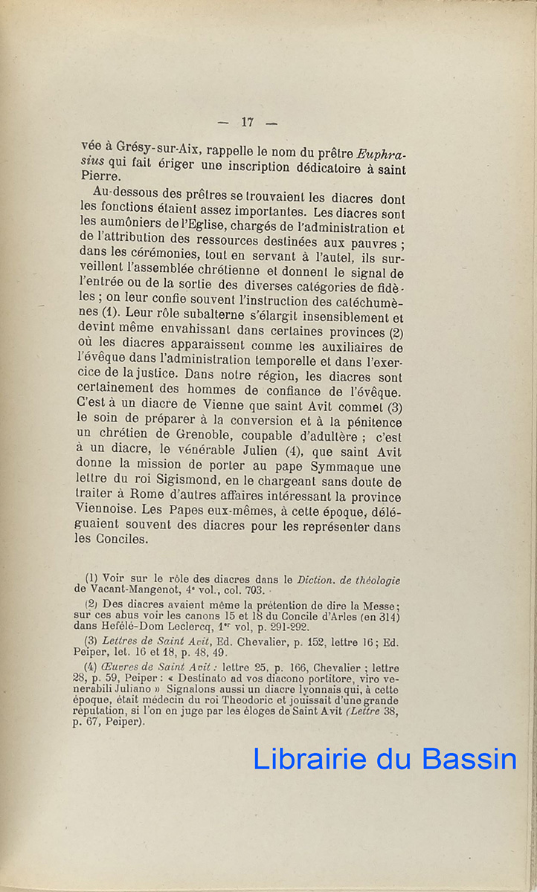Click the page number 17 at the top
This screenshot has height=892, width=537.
248,123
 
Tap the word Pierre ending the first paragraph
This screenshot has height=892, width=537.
100,177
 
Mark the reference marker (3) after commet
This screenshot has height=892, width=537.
394,407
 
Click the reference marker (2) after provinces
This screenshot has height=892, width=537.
397,332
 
